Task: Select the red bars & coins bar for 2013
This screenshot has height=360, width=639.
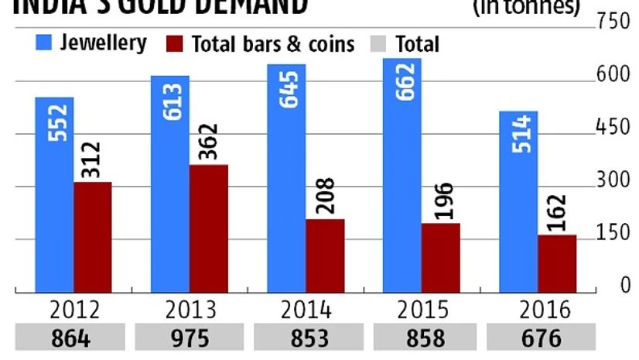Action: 209,228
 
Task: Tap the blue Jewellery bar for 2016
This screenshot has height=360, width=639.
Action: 518,201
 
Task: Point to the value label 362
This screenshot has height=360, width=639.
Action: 209,143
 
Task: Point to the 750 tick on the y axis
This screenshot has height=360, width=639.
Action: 614,22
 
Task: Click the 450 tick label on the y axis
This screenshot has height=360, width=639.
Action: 614,129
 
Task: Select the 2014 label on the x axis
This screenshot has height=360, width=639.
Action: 306,310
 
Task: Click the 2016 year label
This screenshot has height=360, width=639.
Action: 544,310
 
